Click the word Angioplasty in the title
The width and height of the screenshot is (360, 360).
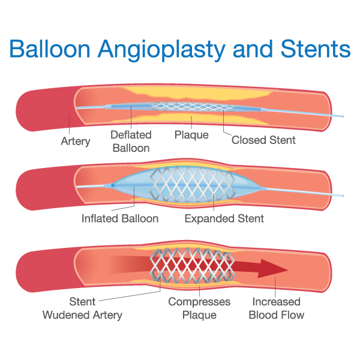click(161, 50)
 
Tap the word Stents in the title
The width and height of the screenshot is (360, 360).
click(316, 49)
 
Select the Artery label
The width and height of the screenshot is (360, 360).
click(76, 141)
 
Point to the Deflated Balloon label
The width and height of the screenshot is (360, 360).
click(131, 141)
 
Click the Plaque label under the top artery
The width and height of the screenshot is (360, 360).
click(191, 135)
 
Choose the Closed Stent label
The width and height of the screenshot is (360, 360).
click(263, 140)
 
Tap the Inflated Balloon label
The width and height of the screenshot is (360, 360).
click(120, 218)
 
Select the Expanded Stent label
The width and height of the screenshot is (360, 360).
click(224, 218)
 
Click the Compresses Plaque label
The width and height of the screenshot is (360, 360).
click(199, 308)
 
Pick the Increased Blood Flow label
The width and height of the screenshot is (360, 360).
click(277, 308)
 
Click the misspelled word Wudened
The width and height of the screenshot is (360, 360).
click(62, 315)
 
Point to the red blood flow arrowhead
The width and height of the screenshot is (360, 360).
click(273, 269)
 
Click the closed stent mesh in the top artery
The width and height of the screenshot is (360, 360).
click(193, 107)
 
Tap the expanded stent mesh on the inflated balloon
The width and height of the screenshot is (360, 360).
click(193, 184)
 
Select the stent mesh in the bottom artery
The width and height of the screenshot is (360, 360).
click(193, 265)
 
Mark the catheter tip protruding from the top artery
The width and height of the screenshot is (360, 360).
click(343, 116)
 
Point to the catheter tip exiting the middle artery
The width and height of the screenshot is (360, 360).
click(343, 196)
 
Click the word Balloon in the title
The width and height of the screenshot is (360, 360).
click(50, 49)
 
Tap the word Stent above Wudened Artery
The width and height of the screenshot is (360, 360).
click(82, 301)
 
